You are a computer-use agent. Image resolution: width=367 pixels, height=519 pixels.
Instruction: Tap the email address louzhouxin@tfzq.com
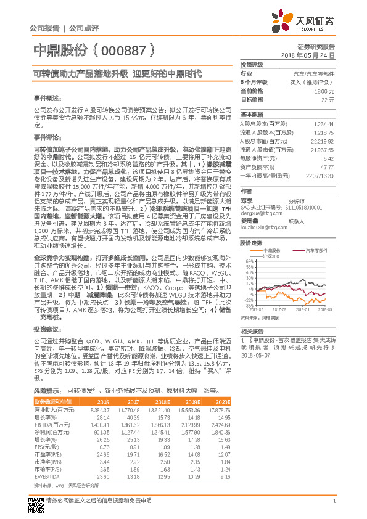click(x=263, y=226)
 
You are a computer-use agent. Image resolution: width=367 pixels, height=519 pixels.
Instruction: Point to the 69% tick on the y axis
click(x=250, y=261)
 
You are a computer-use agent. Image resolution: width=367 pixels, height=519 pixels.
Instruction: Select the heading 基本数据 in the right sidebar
click(x=252, y=115)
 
